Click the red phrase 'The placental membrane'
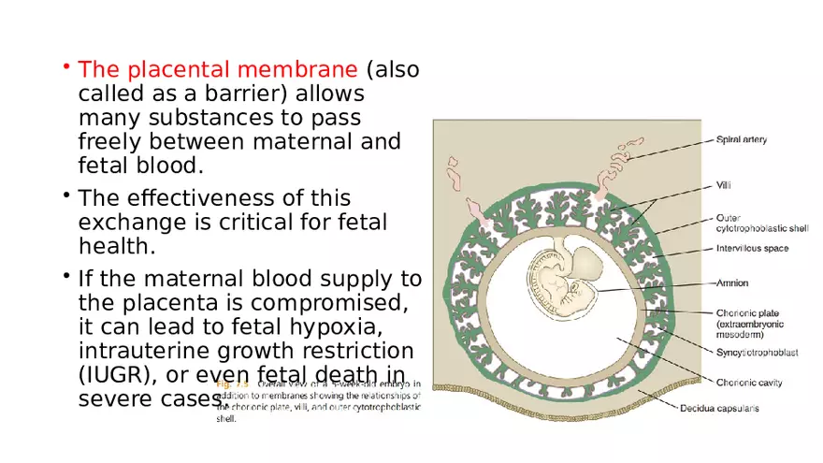tap(218, 70)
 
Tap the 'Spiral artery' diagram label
tap(741, 140)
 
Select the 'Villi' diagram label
tap(724, 185)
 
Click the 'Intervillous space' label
tap(752, 249)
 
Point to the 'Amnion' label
tap(732, 282)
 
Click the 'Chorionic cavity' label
tap(749, 382)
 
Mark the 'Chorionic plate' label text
tap(746, 315)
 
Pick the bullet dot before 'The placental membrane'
tap(67, 67)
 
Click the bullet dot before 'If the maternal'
tap(67, 276)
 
